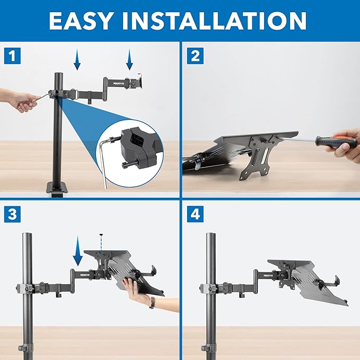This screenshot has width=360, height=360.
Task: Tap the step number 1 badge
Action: [12, 55]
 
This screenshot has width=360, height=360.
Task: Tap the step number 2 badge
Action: [195, 55]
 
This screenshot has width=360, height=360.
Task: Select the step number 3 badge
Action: [12, 215]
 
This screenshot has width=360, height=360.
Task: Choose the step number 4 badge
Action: [195, 215]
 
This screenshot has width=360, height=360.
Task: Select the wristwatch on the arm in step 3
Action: [152, 303]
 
